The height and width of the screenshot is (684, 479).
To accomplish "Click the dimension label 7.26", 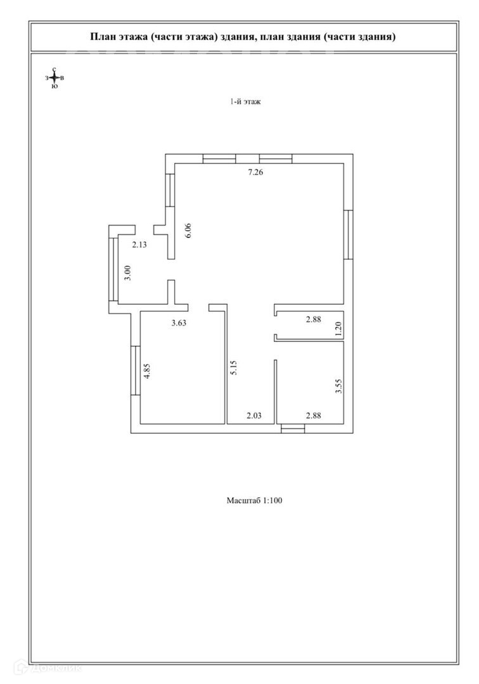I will [x=255, y=172].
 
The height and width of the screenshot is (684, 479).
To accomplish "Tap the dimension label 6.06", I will [x=188, y=230].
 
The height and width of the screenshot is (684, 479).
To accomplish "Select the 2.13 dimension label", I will [x=139, y=245].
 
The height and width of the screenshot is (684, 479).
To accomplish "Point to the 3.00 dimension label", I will [x=127, y=273].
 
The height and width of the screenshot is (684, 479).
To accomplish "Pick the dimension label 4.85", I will [x=147, y=370].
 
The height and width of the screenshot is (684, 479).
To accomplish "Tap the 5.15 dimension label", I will [x=234, y=369].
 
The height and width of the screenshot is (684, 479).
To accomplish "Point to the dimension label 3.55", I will [x=338, y=386].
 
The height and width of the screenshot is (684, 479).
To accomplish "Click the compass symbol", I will [x=54, y=78].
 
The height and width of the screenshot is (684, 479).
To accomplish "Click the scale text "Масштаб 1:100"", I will [x=254, y=500].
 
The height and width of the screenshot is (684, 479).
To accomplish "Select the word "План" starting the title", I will [x=102, y=37].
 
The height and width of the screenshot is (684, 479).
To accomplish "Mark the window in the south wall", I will [x=293, y=429].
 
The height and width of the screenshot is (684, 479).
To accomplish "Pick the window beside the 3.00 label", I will [x=113, y=269].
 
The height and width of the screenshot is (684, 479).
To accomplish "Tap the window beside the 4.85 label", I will [x=135, y=370].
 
